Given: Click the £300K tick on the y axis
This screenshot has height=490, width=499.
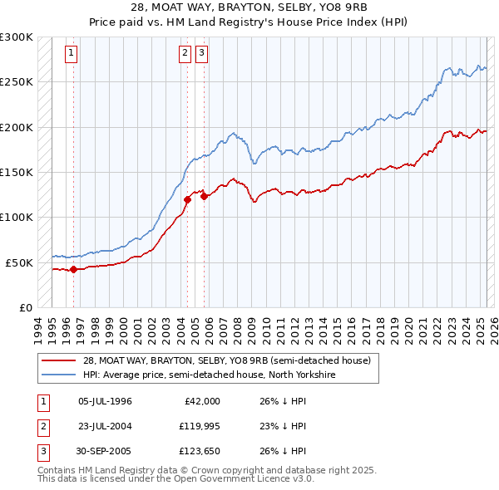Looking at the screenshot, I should pos(17,37).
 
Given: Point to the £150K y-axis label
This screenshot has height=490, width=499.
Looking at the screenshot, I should pos(17,172).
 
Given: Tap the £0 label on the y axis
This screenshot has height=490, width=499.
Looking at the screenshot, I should pos(26,307).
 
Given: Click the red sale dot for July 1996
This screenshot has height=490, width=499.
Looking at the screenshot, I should pos(74,269).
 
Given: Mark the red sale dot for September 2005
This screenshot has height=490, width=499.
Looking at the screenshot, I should pos(204,196).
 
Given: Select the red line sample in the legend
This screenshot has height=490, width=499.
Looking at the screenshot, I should pos(58,360).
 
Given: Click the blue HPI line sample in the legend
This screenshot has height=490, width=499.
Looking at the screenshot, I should pos(58,375).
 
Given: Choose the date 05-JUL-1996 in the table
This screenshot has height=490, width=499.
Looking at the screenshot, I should pos(105,401).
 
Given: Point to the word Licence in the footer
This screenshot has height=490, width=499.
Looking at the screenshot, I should pos(270,478).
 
